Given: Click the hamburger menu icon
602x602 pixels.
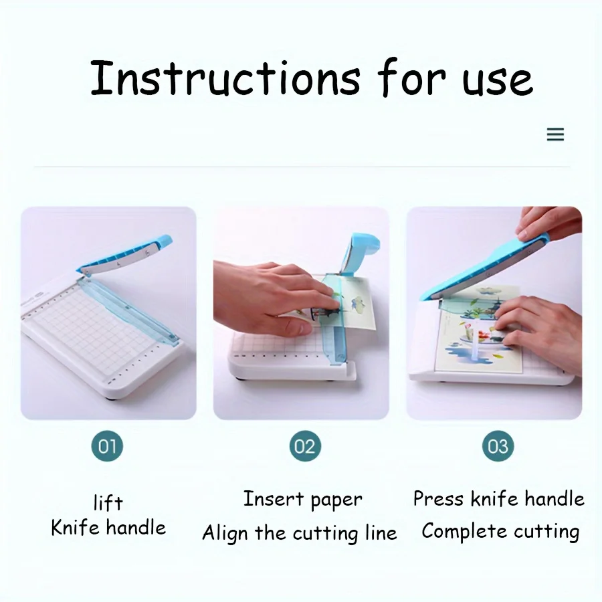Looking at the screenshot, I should point(555,134).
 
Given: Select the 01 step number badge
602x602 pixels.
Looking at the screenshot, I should point(108,446).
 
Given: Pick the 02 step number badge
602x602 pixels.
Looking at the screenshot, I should point(305,446).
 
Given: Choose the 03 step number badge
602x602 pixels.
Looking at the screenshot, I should point(498,446).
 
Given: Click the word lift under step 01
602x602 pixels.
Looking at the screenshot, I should point(108,502).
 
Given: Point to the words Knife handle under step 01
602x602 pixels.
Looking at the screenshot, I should point(108,528).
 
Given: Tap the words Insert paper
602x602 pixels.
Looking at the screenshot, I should point(302,499).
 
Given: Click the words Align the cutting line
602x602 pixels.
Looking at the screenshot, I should point(300,533).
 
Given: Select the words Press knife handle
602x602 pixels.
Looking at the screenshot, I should point(498,499).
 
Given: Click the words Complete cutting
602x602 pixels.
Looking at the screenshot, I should point(500,532).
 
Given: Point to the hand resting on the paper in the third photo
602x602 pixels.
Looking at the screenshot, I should point(535,328).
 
